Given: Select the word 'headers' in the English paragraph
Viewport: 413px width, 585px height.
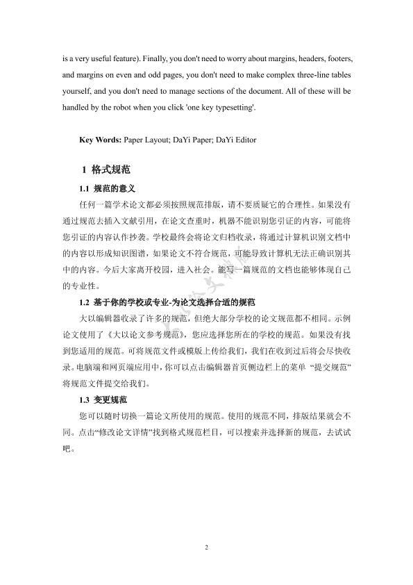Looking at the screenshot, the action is (x=303, y=53).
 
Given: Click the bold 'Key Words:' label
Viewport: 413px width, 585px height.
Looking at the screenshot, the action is (x=101, y=140).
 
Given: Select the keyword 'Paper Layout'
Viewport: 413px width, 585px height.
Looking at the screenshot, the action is (x=146, y=140).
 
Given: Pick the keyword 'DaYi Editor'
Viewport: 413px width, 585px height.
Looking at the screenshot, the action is (x=236, y=140).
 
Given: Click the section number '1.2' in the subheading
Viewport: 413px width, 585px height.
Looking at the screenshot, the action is (x=85, y=302).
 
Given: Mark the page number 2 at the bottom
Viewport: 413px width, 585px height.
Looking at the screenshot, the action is (x=206, y=548).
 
